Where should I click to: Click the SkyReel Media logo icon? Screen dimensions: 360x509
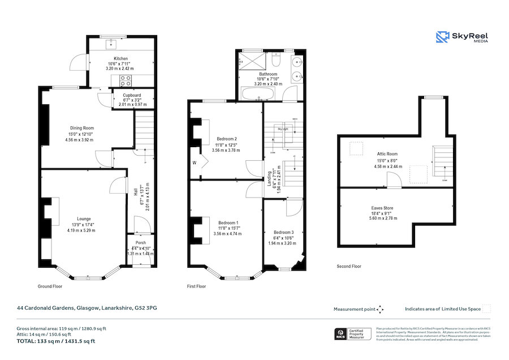442,37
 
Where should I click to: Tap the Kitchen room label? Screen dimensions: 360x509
121,58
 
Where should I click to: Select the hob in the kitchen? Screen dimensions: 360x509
124,79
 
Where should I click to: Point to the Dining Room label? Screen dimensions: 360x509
81,127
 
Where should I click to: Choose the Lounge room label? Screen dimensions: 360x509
84,218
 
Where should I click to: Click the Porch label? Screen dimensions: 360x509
140,243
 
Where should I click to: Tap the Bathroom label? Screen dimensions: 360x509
268,74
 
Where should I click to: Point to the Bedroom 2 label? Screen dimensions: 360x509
227,139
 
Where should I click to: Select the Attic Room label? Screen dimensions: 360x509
387,153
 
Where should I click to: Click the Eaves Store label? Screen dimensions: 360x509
382,208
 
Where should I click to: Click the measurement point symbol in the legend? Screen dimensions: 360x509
381,309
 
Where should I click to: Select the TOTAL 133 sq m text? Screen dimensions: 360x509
56,341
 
